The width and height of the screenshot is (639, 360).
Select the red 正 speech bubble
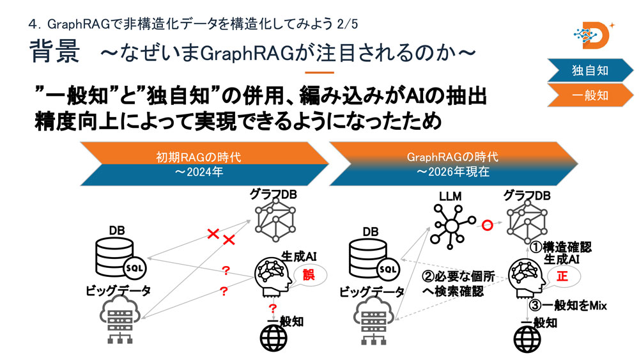[562, 276]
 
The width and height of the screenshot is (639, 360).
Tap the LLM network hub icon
[452, 224]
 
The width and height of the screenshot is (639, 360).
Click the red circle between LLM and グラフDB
[486, 224]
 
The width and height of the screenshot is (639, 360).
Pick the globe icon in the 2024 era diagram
[273, 336]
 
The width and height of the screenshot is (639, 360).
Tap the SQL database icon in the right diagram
[373, 255]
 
